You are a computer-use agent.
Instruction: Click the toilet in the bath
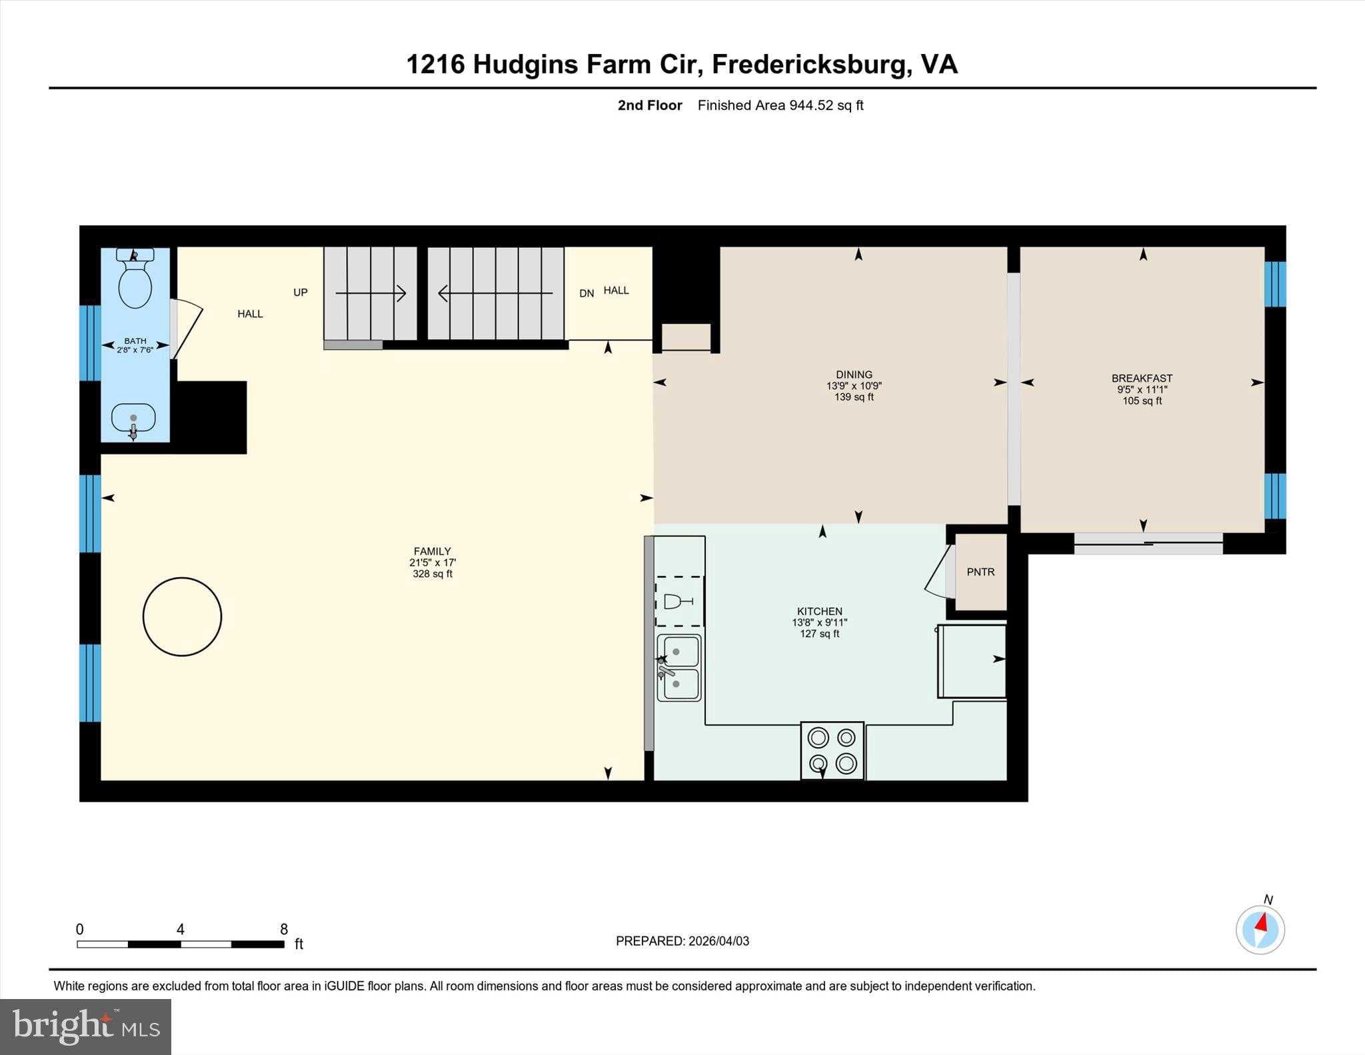[135, 279]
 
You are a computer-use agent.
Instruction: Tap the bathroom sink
[133, 419]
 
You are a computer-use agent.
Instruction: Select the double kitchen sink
[679, 667]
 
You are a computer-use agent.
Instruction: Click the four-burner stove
[832, 750]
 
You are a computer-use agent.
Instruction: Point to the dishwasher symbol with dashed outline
[679, 601]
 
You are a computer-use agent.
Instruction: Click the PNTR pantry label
[980, 572]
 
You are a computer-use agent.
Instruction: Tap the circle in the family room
[182, 616]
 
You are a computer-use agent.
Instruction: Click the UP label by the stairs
[301, 293]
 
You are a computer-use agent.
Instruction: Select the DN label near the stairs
[587, 293]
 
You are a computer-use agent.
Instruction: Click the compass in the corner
[1260, 930]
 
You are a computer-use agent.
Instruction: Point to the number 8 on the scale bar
[284, 929]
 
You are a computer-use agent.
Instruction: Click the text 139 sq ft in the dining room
[854, 397]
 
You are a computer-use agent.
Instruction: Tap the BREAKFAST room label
[1142, 378]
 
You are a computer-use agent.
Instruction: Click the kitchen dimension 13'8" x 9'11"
[819, 622]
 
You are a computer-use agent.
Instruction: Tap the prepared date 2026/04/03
[718, 941]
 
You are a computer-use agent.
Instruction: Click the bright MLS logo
[85, 1026]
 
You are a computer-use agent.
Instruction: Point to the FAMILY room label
[432, 551]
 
